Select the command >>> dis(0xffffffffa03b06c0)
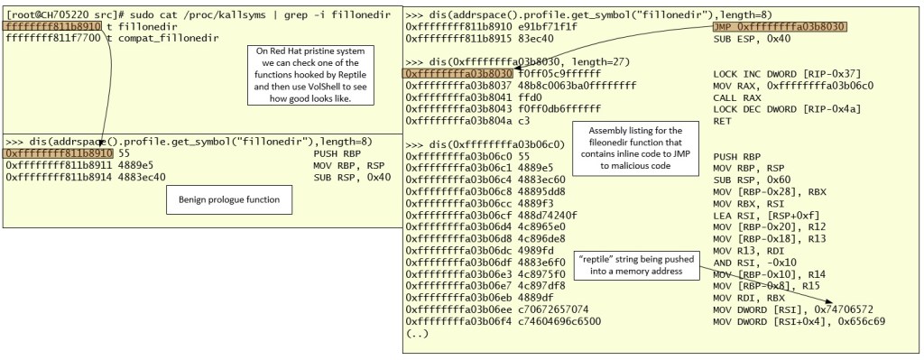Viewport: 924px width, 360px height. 486,143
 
